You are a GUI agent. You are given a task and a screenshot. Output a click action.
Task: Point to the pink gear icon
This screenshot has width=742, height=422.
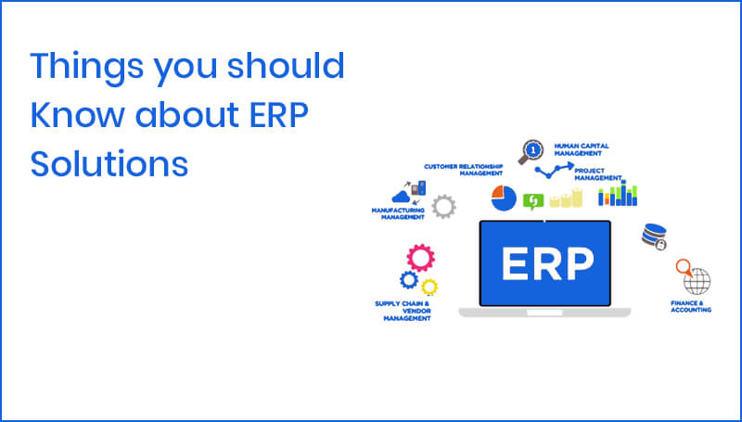pos(421,257)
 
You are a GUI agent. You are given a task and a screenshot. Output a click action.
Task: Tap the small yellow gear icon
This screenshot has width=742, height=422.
pos(429,286)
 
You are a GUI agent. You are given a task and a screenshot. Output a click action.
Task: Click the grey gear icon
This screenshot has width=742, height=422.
pos(444,206)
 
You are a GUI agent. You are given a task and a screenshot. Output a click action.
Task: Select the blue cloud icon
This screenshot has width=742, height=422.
pos(403,196)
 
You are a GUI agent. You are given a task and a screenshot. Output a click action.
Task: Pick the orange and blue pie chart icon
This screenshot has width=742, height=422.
pos(504,198)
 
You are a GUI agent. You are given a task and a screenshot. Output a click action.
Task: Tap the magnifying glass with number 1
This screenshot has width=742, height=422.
pos(531,150)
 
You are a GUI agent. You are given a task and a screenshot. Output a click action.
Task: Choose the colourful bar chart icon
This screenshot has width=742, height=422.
pos(618,194)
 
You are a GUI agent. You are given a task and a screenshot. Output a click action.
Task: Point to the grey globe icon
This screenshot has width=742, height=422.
pos(697,280)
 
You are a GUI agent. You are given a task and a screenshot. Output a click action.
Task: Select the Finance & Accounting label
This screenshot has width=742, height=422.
pos(691,307)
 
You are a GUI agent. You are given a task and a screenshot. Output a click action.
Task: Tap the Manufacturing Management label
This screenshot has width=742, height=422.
pos(397,214)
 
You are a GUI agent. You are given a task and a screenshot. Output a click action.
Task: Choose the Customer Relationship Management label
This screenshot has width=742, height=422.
pos(464,170)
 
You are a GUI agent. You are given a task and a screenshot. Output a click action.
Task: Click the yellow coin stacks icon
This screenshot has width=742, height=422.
pos(566,198)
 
